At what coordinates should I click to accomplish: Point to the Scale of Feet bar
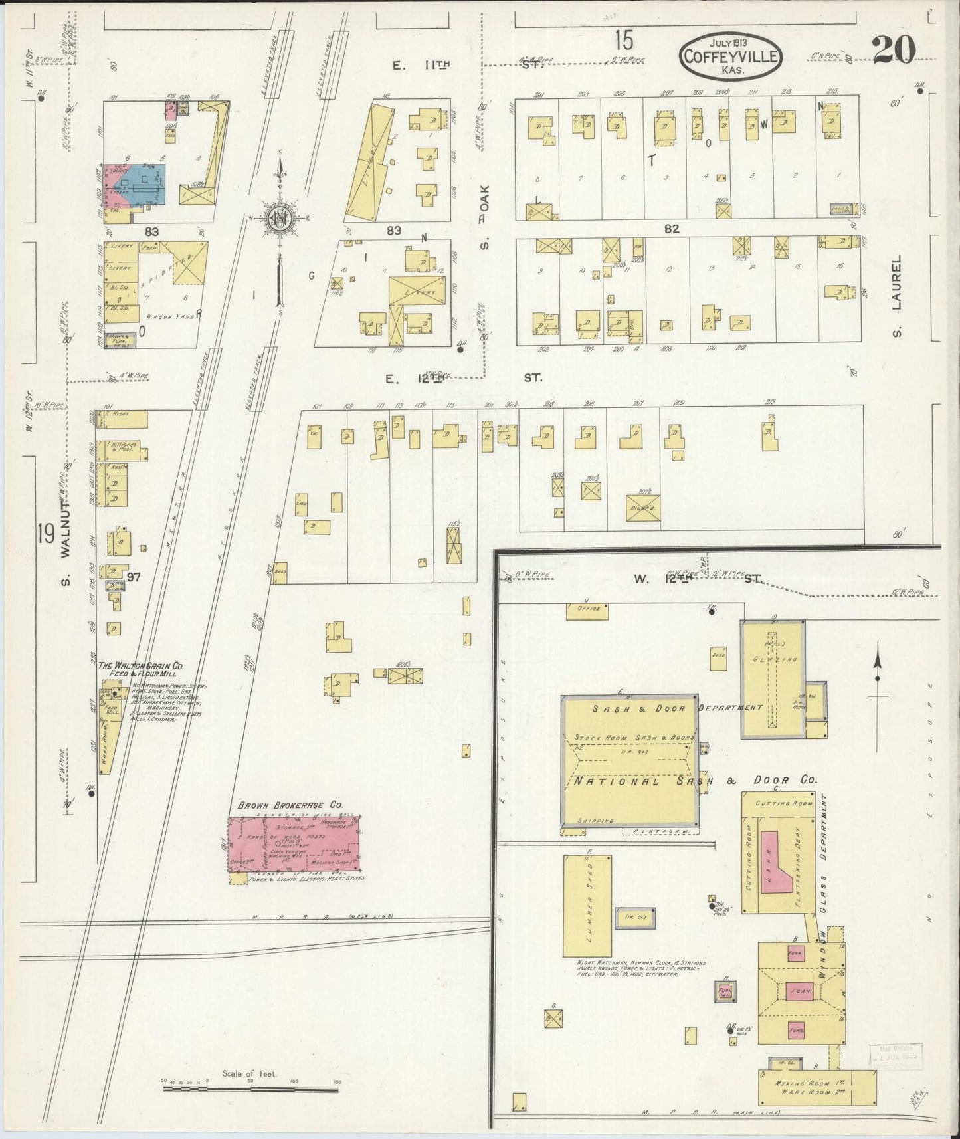pos(250,1089)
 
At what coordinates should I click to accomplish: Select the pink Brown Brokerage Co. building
pos(294,844)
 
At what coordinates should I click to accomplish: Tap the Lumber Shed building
pos(587,905)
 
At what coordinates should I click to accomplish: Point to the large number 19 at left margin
pos(45,534)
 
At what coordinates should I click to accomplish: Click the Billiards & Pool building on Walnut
pos(122,450)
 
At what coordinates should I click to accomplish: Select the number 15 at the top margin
pos(623,42)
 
